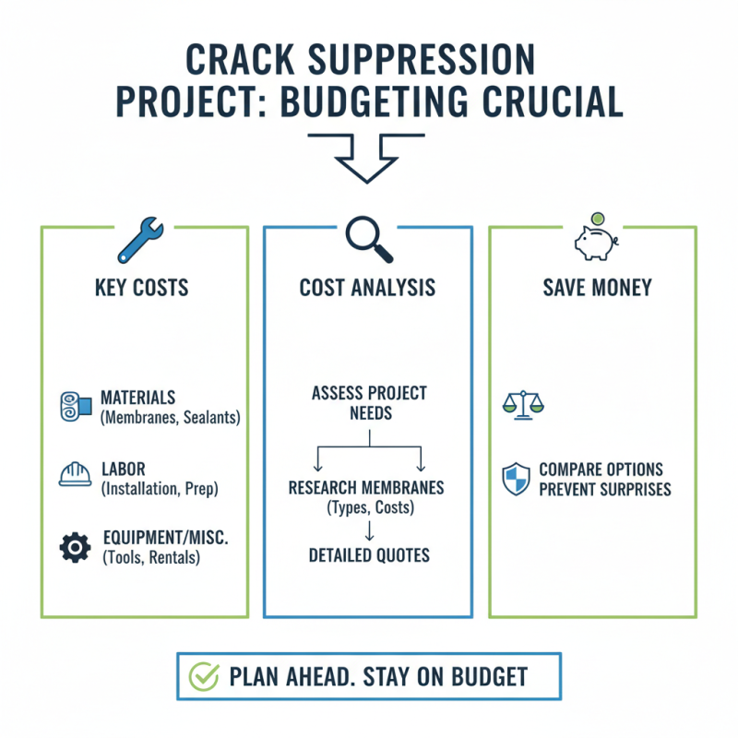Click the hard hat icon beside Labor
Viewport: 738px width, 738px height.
click(75, 473)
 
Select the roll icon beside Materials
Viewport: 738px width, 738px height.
click(75, 405)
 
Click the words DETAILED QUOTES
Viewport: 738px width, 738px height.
click(368, 555)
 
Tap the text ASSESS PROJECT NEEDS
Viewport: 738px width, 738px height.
click(368, 402)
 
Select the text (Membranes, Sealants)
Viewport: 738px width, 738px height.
click(170, 418)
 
